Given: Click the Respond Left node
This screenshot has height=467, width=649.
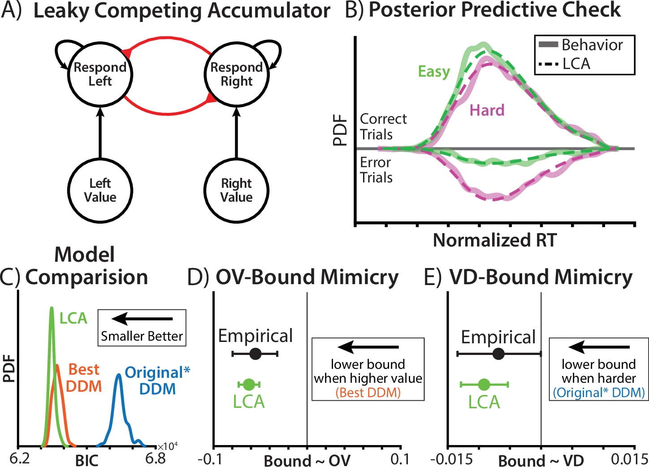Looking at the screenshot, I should pyautogui.click(x=100, y=74).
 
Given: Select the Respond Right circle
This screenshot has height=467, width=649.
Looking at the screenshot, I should pyautogui.click(x=237, y=74).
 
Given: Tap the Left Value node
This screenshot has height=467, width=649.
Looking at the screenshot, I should pyautogui.click(x=100, y=190).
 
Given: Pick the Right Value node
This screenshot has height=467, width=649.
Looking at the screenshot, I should pyautogui.click(x=237, y=190).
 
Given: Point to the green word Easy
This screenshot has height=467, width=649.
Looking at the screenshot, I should pyautogui.click(x=434, y=72).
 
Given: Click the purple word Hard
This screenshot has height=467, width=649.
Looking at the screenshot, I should pyautogui.click(x=487, y=110).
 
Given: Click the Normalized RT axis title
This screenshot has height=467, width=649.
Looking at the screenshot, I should pyautogui.click(x=494, y=241).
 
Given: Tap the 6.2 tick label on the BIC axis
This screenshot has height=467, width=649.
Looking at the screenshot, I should pyautogui.click(x=20, y=458).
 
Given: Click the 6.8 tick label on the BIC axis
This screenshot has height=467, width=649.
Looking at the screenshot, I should pyautogui.click(x=156, y=458).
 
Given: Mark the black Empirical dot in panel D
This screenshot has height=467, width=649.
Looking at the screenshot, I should pyautogui.click(x=255, y=354).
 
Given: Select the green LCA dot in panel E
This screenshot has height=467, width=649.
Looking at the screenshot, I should pyautogui.click(x=484, y=384).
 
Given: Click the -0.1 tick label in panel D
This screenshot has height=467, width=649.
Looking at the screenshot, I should pyautogui.click(x=210, y=459).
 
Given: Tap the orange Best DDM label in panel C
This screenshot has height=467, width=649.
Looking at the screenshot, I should pyautogui.click(x=84, y=378).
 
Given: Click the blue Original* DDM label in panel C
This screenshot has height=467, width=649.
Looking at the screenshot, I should pyautogui.click(x=157, y=380).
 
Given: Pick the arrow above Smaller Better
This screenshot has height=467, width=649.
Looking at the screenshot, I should pyautogui.click(x=142, y=319).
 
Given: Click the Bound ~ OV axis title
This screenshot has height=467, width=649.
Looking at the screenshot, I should pyautogui.click(x=307, y=460).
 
